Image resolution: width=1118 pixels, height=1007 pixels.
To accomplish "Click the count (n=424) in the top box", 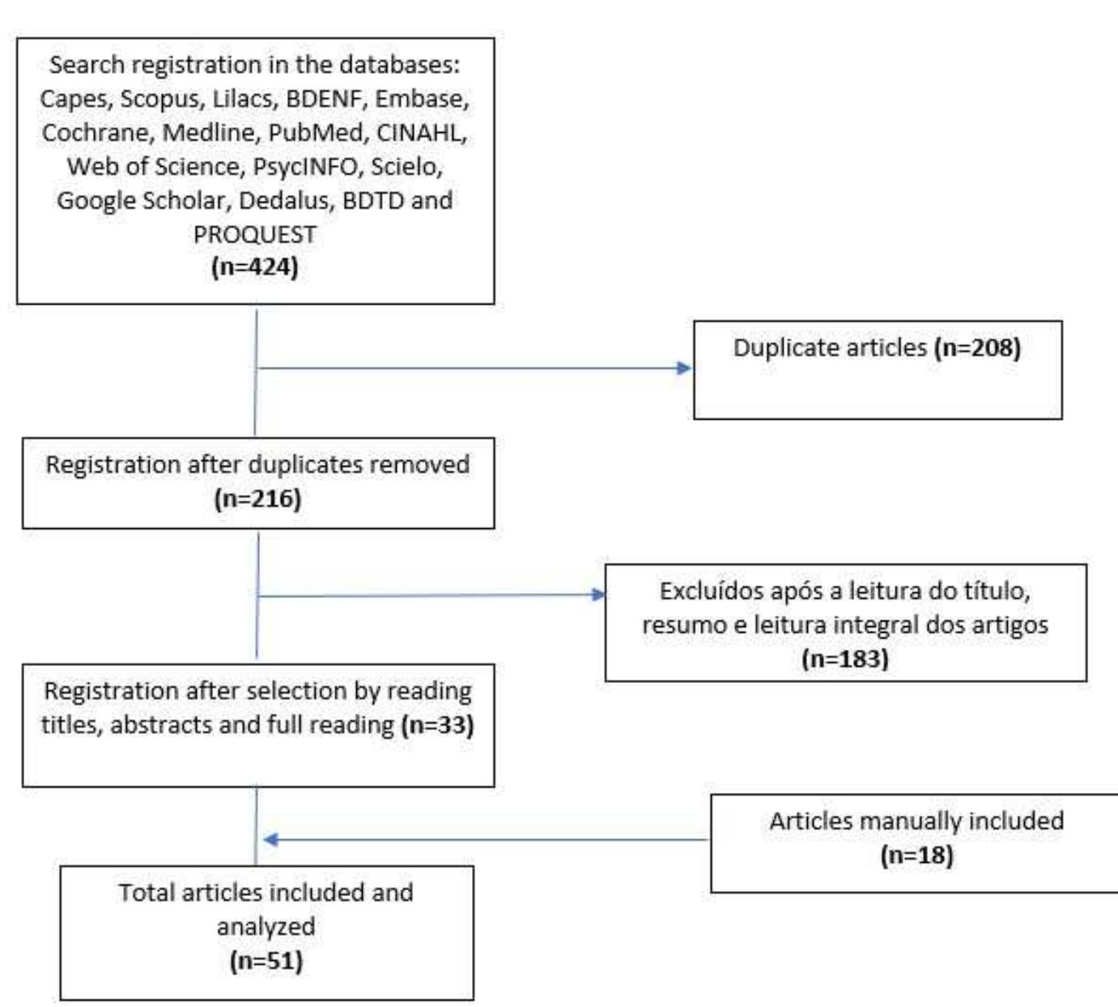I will [x=255, y=267].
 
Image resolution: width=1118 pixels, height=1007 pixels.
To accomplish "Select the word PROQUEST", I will [x=255, y=234].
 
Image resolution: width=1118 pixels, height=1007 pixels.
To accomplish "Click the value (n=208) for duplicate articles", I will [x=977, y=348].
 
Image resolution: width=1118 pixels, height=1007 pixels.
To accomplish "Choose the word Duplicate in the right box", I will [x=789, y=348].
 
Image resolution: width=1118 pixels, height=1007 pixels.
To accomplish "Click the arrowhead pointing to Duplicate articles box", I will [x=684, y=369].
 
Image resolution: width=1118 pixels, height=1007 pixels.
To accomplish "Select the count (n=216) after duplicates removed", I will [x=257, y=498].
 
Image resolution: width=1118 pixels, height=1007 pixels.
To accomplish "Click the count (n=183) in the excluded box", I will [x=845, y=659].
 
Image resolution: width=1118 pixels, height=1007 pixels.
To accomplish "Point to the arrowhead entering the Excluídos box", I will [x=598, y=595].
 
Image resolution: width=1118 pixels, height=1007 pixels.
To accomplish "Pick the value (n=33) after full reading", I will [x=437, y=724].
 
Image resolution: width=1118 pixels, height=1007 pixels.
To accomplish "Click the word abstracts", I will [x=160, y=724].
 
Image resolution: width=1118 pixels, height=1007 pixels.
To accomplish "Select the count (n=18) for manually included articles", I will [x=916, y=855].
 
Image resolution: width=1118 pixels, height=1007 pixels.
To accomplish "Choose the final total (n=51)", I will [x=266, y=961].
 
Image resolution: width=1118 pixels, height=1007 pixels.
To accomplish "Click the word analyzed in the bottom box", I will [x=266, y=926].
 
